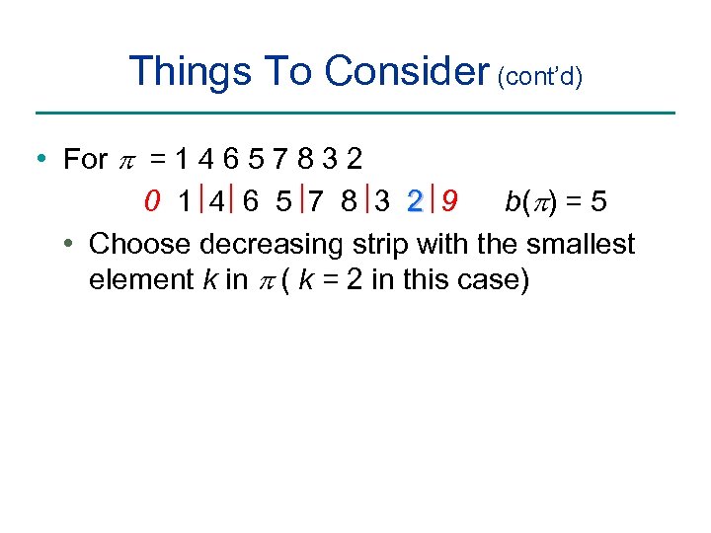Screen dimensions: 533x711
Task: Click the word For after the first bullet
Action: [x=84, y=159]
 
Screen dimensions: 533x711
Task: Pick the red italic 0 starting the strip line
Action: [x=151, y=202]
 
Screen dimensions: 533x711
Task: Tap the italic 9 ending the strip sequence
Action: [x=449, y=202]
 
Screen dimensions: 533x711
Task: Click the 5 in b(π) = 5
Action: [x=599, y=202]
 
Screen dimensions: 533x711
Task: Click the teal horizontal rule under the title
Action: [x=355, y=113]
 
